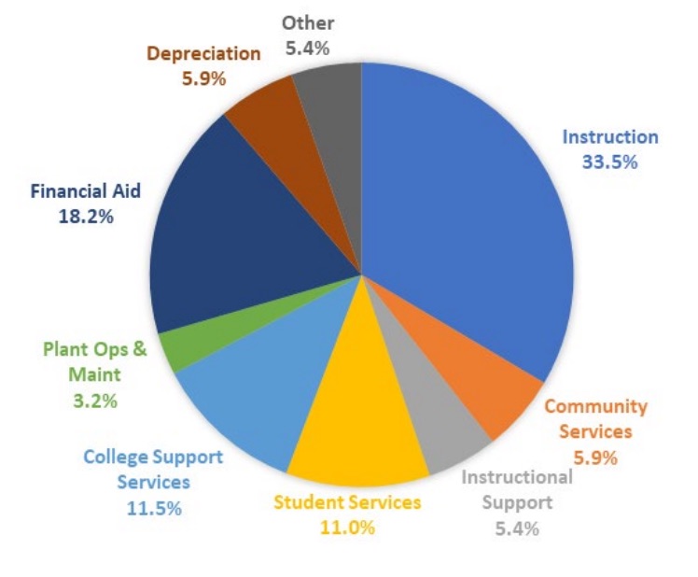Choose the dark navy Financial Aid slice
233,243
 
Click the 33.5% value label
609,162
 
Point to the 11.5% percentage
154,508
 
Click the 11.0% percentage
347,528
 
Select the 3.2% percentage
94,401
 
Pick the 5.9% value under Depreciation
203,78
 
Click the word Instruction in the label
609,136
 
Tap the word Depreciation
203,53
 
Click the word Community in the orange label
595,406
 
